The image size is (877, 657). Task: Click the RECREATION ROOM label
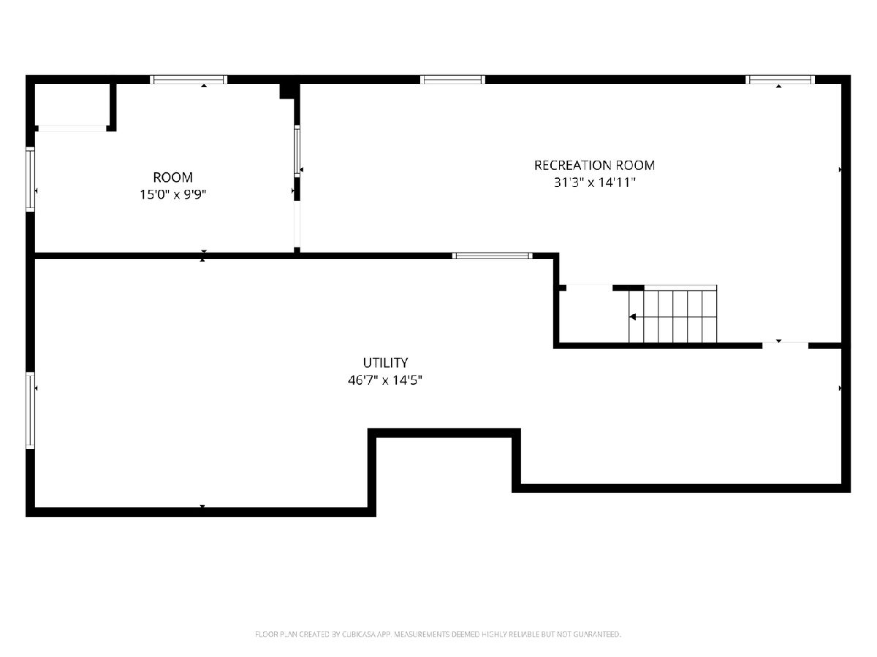[594, 165]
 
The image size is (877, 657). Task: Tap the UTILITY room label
[385, 363]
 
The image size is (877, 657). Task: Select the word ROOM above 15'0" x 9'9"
[172, 177]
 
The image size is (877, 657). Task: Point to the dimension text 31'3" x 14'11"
[594, 182]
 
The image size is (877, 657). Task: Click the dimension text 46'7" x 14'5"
[384, 380]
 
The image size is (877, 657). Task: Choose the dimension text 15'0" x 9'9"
[172, 195]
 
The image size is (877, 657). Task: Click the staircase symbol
[673, 316]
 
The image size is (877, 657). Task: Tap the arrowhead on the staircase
[632, 317]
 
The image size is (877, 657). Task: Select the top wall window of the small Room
[189, 80]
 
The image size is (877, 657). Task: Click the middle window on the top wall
[452, 80]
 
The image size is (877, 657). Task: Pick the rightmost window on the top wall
[780, 80]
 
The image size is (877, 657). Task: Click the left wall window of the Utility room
[31, 410]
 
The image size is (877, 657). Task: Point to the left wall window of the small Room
[31, 179]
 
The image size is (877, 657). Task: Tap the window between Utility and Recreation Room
[493, 255]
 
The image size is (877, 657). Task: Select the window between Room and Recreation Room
[297, 151]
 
